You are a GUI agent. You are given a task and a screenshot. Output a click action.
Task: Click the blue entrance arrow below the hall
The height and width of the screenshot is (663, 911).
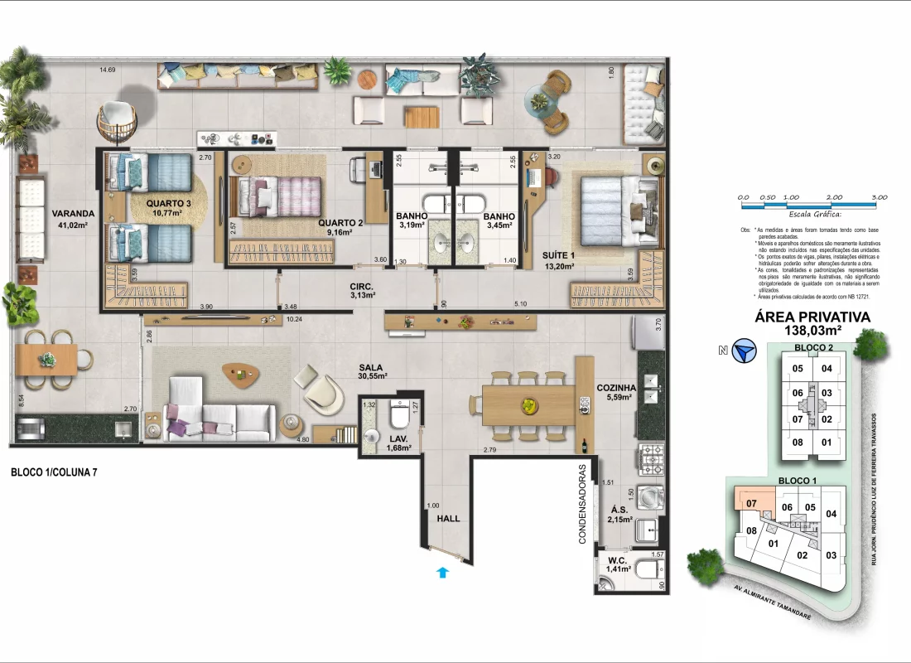[442, 571]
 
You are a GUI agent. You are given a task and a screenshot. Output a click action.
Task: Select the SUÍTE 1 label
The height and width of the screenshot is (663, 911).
[560, 255]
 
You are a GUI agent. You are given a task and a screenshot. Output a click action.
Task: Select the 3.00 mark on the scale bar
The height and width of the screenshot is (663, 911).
[879, 197]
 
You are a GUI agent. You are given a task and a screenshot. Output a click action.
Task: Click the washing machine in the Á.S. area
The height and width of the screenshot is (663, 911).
[652, 497]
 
